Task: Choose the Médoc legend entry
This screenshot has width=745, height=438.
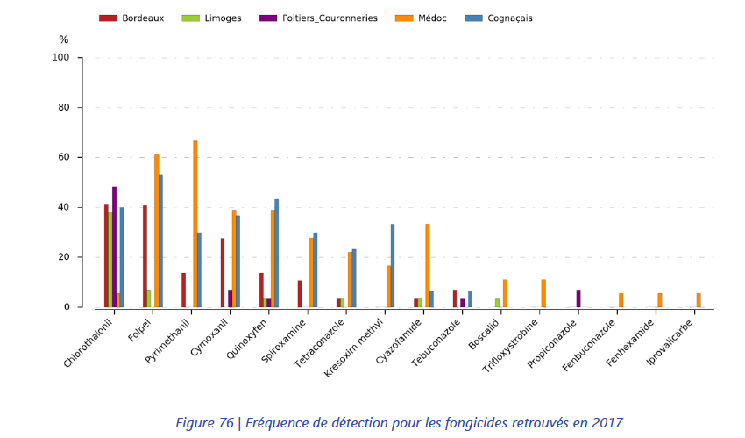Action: pyautogui.click(x=428, y=18)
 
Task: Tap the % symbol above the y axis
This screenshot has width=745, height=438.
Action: pyautogui.click(x=63, y=39)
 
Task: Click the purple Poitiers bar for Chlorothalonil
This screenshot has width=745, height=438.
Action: pyautogui.click(x=114, y=247)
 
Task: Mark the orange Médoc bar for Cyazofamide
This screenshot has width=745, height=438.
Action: pyautogui.click(x=427, y=265)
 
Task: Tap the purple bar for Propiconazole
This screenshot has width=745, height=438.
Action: pyautogui.click(x=578, y=298)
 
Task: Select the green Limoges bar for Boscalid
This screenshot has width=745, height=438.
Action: pyautogui.click(x=497, y=303)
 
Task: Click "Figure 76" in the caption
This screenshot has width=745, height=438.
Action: pyautogui.click(x=204, y=423)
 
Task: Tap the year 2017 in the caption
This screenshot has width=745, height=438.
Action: pyautogui.click(x=606, y=423)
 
